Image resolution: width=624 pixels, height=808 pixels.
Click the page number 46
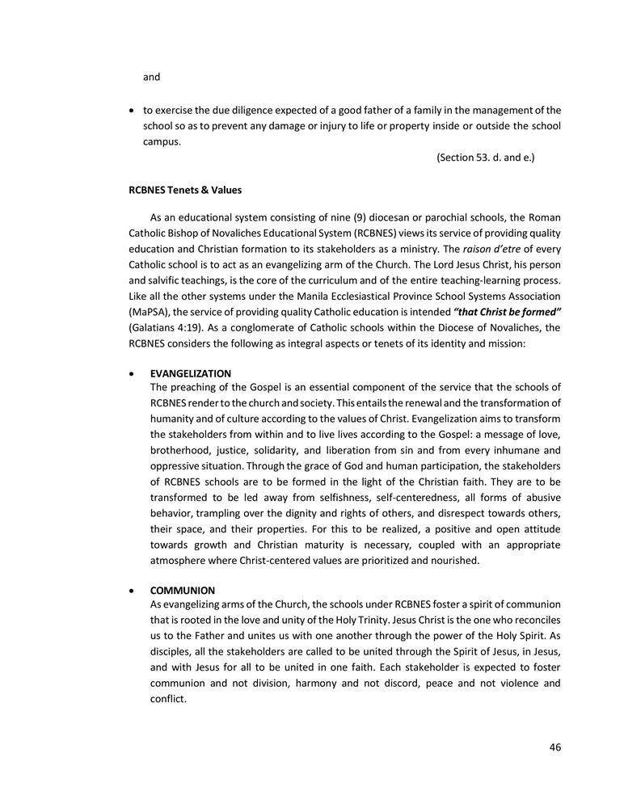tap(554, 747)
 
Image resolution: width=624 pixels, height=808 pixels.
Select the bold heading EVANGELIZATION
tap(191, 373)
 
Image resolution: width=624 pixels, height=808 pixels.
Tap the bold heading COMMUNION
tap(183, 590)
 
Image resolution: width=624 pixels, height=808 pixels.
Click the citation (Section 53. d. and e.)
tap(485, 157)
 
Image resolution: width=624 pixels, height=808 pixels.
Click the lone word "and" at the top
tap(152, 78)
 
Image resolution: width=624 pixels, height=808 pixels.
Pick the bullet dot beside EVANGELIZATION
tap(133, 374)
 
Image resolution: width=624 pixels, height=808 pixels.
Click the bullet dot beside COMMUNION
tap(133, 591)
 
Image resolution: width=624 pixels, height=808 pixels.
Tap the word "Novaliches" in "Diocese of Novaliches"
tap(532, 326)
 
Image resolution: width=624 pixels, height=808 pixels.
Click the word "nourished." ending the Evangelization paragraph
tap(450, 559)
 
